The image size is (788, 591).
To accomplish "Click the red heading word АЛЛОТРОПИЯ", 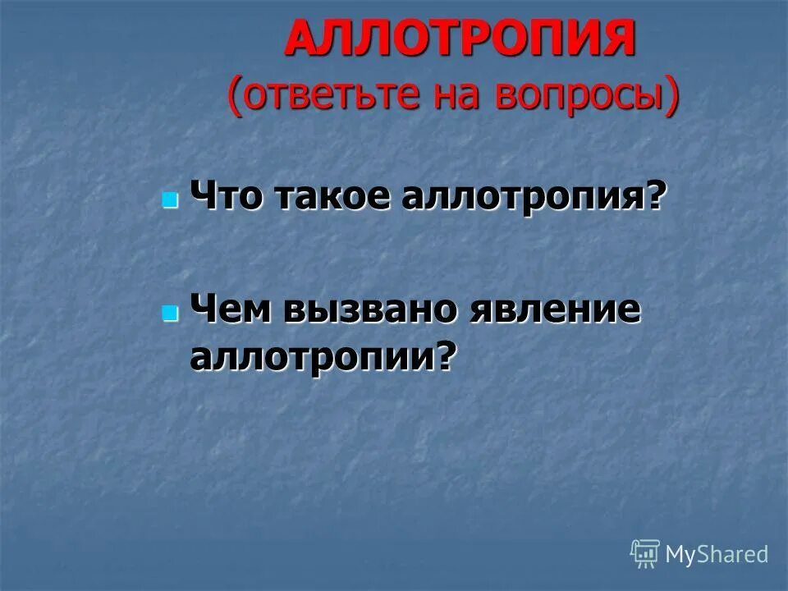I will tap(460, 39).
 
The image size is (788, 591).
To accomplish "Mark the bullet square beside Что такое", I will tap(170, 200).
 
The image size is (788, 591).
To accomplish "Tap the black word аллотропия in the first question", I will tap(523, 199).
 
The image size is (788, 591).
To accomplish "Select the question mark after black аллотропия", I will tap(654, 199).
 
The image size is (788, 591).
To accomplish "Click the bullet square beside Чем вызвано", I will tap(170, 313).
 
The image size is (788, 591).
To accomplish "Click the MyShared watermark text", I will tap(717, 554).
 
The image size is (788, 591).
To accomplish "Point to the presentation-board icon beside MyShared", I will tap(645, 554).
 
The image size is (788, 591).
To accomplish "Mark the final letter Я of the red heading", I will tap(616, 39).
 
